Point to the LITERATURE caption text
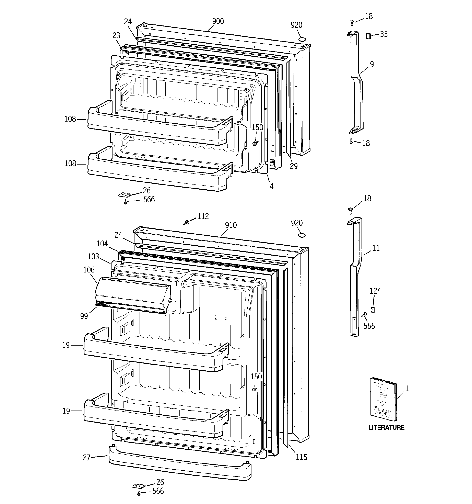(386, 427)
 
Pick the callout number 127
(85, 458)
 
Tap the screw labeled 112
(187, 222)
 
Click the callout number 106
(89, 270)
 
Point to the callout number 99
(84, 316)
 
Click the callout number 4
(272, 186)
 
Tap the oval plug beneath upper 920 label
(302, 39)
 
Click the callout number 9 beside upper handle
(372, 64)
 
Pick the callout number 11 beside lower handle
(376, 248)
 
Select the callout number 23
(116, 35)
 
